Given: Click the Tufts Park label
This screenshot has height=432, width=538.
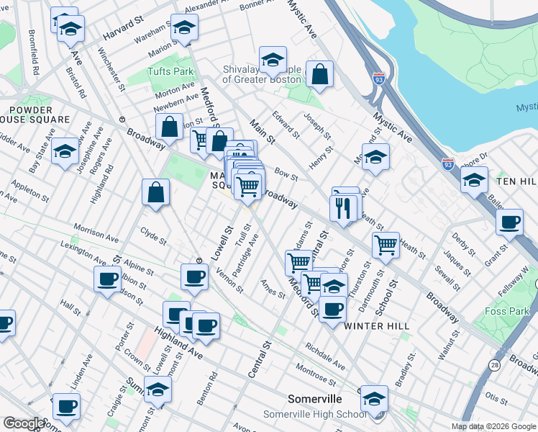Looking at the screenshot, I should click(170, 72).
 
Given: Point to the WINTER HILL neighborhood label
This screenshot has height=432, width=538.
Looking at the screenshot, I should click(376, 326).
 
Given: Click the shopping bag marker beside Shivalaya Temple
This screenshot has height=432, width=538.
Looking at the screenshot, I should click(319, 73).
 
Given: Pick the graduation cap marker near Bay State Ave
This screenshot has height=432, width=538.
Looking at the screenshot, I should click(65, 151).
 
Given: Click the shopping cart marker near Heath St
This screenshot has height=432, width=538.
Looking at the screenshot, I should click(386, 246).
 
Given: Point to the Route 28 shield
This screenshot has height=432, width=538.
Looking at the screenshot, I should click(495, 366).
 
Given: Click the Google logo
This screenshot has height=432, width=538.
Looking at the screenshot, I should click(24, 423).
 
